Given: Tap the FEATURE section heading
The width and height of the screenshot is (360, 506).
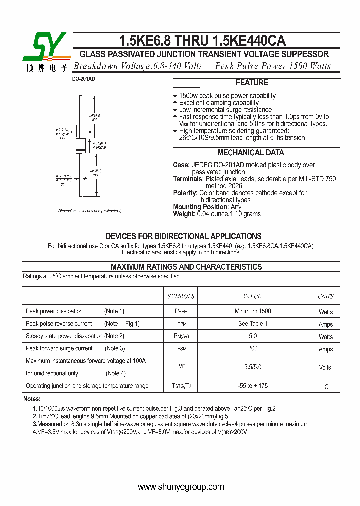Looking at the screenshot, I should coord(252,83).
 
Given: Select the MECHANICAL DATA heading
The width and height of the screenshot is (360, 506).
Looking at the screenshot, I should coord(251,153).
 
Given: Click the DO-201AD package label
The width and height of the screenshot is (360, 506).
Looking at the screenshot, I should coord(83,80).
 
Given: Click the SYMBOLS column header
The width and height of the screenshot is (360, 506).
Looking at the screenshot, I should coord(181,296).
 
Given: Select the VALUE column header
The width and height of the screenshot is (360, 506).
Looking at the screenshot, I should coord(252,296).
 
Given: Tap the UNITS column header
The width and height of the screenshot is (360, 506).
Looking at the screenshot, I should coord(325,296).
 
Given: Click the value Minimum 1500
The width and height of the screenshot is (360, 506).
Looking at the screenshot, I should coord(252,311).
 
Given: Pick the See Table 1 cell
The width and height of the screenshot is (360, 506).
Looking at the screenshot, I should coord(252,323).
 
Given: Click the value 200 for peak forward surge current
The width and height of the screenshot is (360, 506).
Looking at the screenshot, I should coord(252,348).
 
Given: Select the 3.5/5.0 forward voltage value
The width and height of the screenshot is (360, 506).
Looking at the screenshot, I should coord(252,367).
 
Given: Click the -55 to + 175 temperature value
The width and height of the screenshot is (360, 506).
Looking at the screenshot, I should coord(252,386).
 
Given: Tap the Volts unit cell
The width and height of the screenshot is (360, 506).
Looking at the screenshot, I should coord(325,367).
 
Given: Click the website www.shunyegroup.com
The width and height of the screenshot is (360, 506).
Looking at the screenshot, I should coord(181,487).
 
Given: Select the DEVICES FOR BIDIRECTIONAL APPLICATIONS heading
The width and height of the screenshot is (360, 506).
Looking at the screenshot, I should coord(183,236).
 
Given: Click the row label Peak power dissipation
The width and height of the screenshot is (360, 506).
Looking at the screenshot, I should coord(54,311).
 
